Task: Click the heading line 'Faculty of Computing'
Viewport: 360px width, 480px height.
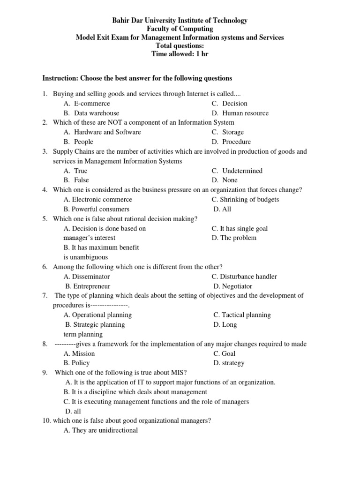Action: pyautogui.click(x=180, y=29)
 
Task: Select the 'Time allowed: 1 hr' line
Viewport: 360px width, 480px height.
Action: pyautogui.click(x=180, y=54)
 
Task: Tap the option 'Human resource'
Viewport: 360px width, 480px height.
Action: pyautogui.click(x=245, y=113)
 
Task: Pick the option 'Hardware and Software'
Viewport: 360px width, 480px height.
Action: pyautogui.click(x=107, y=132)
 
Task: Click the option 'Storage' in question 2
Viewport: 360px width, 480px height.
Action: pyautogui.click(x=233, y=132)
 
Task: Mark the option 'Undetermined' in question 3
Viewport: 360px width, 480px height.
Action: pyautogui.click(x=242, y=171)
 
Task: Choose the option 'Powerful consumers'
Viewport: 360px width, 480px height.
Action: pyautogui.click(x=97, y=209)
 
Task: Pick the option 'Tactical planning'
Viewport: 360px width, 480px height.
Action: pyautogui.click(x=242, y=315)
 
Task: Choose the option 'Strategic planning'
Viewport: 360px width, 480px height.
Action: pyautogui.click(x=95, y=324)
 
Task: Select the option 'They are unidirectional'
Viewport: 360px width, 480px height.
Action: pyautogui.click(x=101, y=430)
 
